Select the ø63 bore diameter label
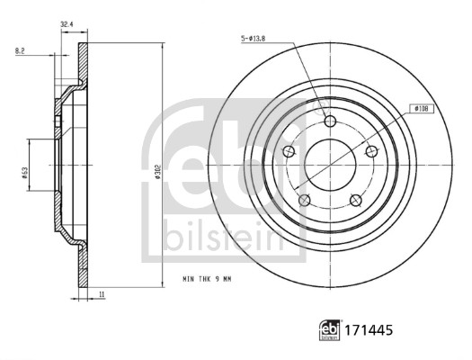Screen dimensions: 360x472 tap(26, 164)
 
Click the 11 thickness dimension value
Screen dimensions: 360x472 tap(102, 294)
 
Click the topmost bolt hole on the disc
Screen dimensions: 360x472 tap(329, 122)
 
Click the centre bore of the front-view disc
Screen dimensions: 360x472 tap(329, 165)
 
